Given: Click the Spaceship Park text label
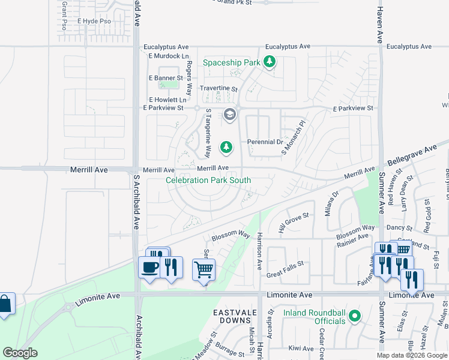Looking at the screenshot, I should click(x=231, y=62).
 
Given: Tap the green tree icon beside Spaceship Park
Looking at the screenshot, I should click(x=270, y=61).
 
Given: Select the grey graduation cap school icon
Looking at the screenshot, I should click(x=229, y=114).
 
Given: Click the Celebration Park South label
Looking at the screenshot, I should click(x=208, y=180).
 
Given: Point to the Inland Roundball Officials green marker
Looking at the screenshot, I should click(x=354, y=315).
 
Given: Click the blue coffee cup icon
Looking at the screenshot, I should click(x=149, y=267).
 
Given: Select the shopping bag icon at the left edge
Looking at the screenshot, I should click(x=4, y=304).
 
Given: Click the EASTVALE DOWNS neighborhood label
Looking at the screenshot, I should click(x=235, y=317).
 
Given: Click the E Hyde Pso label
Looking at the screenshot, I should click(x=94, y=20).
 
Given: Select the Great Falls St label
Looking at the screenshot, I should click(x=286, y=272).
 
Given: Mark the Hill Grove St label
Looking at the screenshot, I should click(x=293, y=222).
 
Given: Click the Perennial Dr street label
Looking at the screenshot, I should click(x=265, y=142).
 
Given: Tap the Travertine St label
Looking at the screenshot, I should click(x=219, y=88).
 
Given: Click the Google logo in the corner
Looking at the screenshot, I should click(x=20, y=353).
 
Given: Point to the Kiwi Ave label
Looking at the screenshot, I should click(x=301, y=348).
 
